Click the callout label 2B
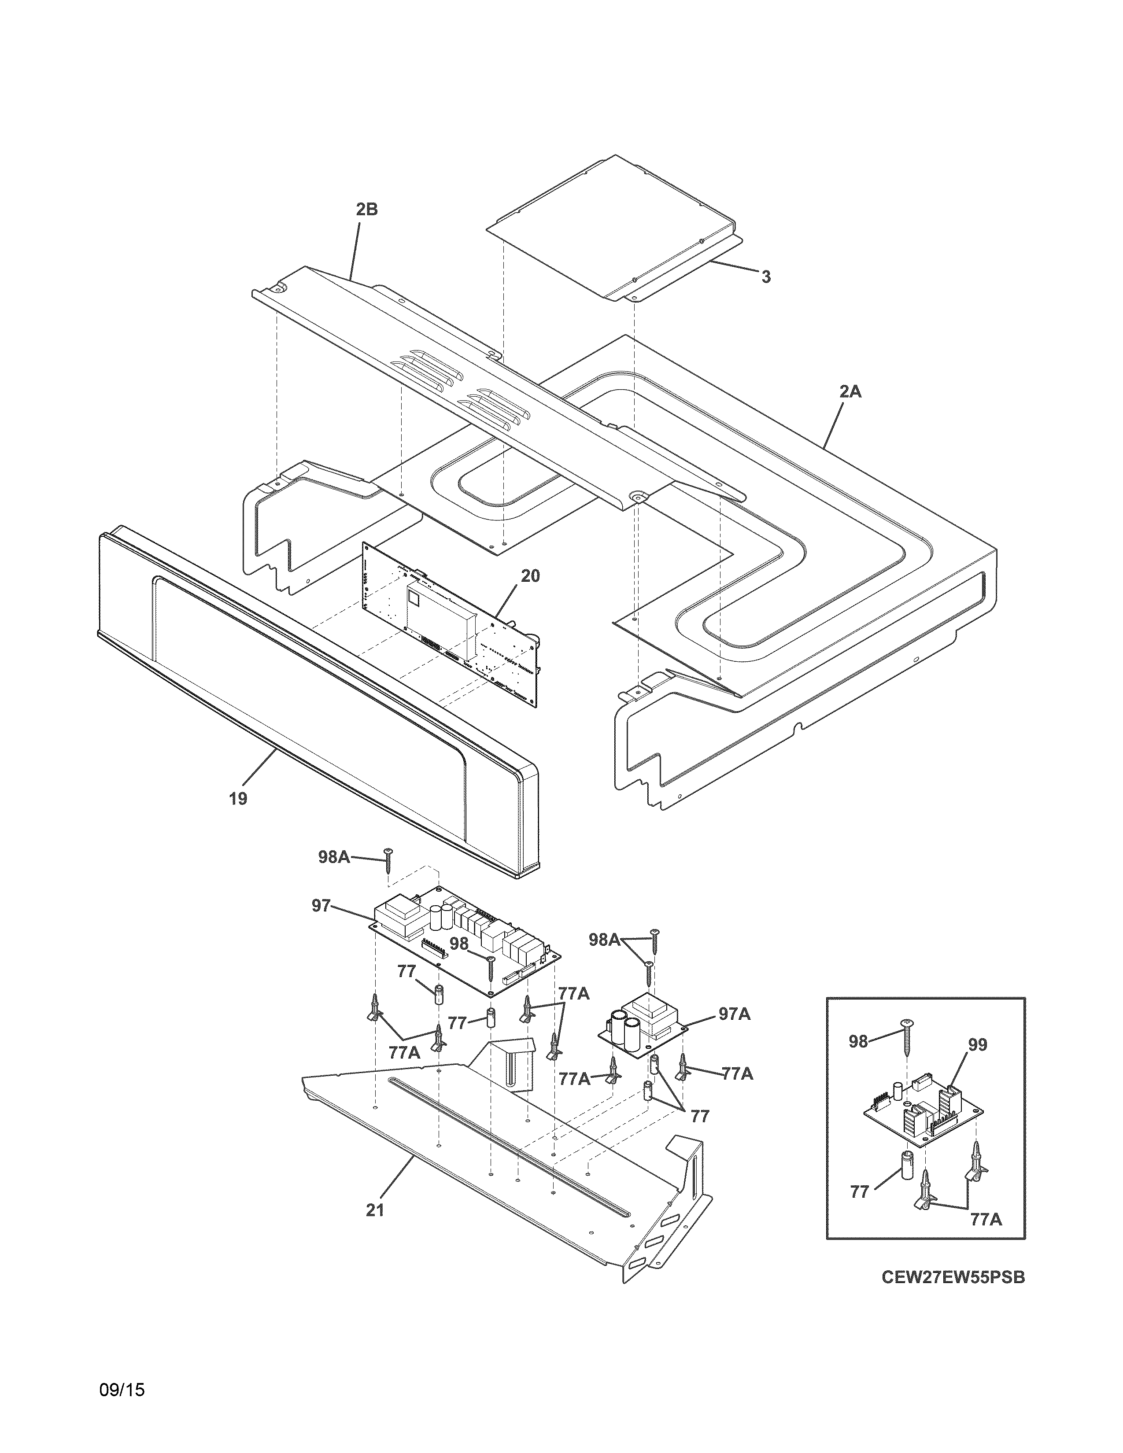tap(366, 210)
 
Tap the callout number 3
tap(766, 277)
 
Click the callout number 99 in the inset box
tap(977, 1044)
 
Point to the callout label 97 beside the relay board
tap(321, 905)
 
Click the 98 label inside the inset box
tap(858, 1041)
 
